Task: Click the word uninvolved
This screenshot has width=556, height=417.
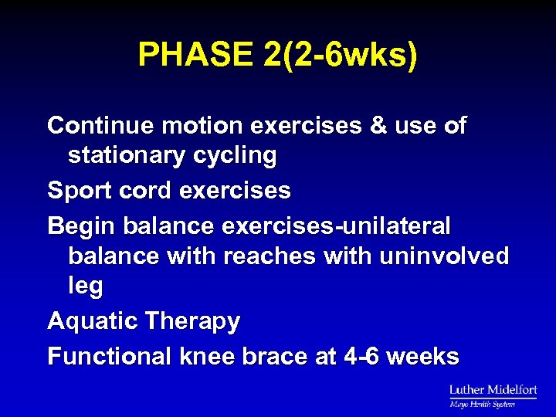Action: (x=444, y=256)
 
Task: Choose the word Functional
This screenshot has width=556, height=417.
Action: (x=109, y=357)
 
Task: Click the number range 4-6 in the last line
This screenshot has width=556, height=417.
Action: (x=359, y=357)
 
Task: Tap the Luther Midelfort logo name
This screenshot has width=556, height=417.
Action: (x=493, y=390)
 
